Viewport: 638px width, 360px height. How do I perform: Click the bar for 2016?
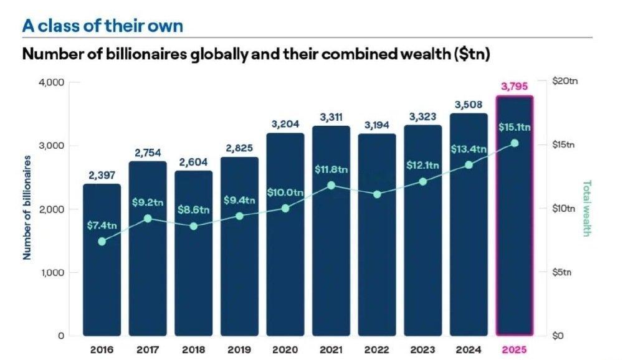(x=102, y=260)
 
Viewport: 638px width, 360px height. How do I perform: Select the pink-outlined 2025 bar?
(x=514, y=216)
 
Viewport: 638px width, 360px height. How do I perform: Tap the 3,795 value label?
(x=514, y=86)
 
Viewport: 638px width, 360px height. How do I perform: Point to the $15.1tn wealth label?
(x=514, y=127)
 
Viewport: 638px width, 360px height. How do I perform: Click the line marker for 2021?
(x=331, y=186)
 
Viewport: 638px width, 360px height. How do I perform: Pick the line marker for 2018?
(x=194, y=226)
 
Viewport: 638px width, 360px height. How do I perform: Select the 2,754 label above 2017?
(x=148, y=153)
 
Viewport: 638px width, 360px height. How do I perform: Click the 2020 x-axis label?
(x=285, y=350)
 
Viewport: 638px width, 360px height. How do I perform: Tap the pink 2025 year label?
(x=514, y=350)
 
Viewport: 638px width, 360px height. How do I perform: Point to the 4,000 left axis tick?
(x=51, y=83)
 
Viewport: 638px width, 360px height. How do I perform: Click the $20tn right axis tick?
(x=564, y=81)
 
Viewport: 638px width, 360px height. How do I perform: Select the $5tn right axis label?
(x=561, y=272)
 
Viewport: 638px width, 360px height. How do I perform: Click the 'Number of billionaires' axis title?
(x=27, y=207)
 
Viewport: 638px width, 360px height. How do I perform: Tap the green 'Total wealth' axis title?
(x=586, y=208)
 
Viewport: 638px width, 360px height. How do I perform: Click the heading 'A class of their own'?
(x=103, y=26)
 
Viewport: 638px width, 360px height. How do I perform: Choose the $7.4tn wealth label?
(x=102, y=225)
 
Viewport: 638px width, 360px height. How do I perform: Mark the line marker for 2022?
(x=377, y=194)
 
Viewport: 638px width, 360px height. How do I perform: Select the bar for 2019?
(x=239, y=246)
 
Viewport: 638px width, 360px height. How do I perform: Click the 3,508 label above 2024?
(x=469, y=105)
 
